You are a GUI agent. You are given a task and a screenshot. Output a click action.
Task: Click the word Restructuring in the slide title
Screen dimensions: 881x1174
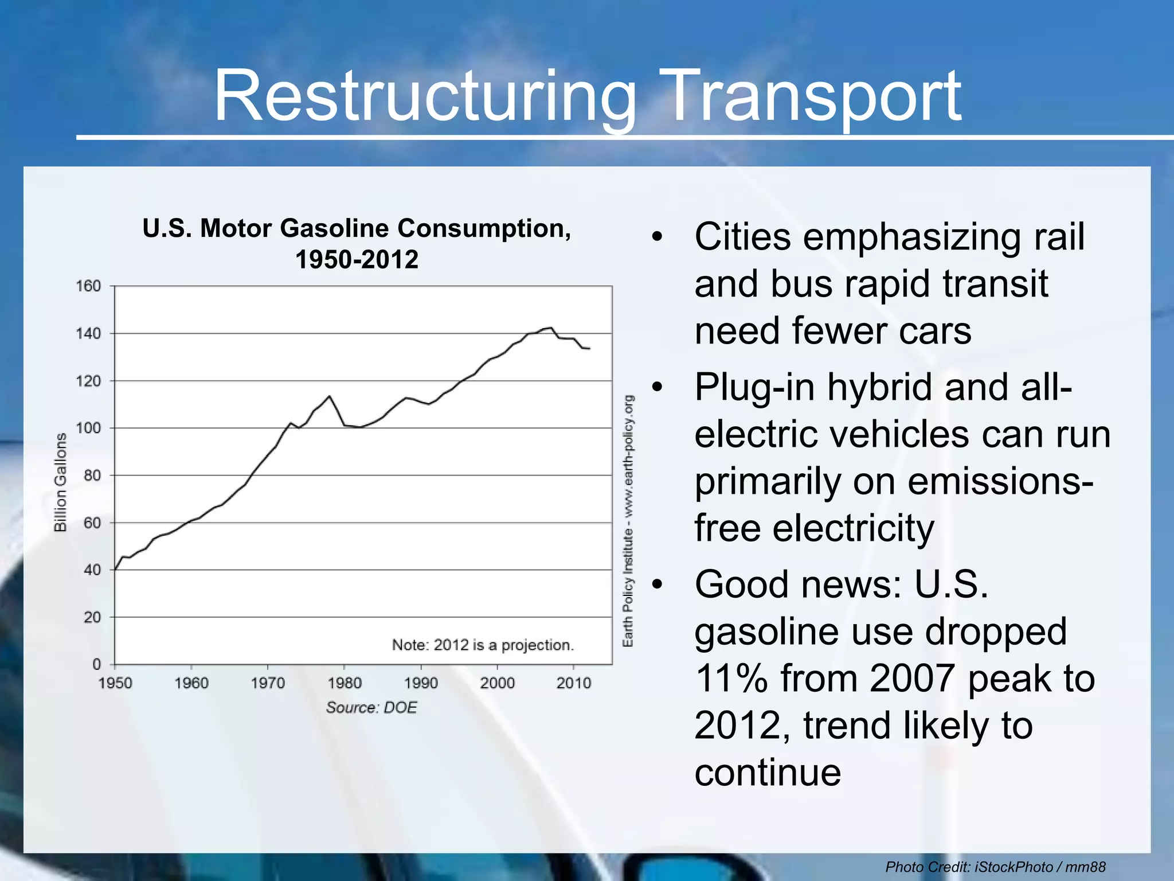[x=424, y=96]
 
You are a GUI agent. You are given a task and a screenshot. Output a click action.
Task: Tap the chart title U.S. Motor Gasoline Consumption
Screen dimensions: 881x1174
[x=357, y=229]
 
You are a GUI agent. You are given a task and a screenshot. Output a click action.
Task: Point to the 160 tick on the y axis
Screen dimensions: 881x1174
[x=88, y=286]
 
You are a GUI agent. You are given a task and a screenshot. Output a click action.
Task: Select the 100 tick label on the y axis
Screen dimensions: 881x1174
[x=88, y=428]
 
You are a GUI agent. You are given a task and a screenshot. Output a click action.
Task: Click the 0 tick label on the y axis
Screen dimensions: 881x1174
[x=96, y=664]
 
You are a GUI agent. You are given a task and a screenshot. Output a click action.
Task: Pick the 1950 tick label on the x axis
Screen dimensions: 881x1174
[x=115, y=683]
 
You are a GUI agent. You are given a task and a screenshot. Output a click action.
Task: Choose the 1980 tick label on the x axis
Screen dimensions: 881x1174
[x=345, y=683]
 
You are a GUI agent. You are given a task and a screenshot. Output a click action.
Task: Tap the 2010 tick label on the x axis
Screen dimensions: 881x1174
[x=573, y=683]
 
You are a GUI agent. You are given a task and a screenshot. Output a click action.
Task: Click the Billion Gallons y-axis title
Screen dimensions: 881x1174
[x=60, y=482]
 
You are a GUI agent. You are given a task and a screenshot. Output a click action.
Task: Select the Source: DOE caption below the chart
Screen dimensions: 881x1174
[x=371, y=708]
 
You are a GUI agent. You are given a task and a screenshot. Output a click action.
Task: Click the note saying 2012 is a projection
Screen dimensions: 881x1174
[x=483, y=645]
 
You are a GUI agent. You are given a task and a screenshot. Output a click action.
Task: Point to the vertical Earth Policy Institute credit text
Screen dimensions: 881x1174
[x=629, y=521]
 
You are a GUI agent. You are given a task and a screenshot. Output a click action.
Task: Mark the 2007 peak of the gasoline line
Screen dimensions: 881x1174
[x=551, y=328]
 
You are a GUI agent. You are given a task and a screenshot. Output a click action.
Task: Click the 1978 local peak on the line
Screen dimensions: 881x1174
[x=329, y=396]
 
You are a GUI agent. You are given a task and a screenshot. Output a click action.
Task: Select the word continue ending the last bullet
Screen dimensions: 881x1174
[x=768, y=772]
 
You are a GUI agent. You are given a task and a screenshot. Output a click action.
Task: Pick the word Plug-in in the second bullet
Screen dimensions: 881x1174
[x=754, y=387]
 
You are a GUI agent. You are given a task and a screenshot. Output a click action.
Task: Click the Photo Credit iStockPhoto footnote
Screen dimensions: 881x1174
[x=995, y=867]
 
